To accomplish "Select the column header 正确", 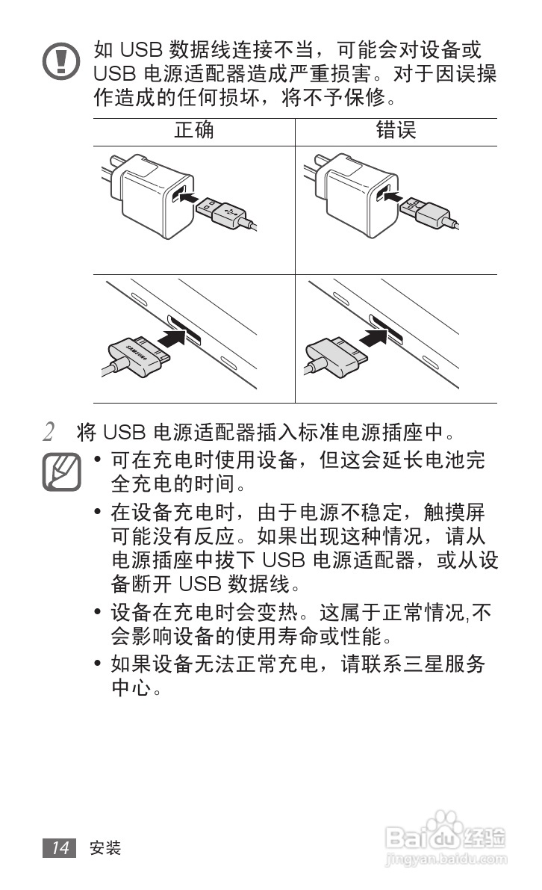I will pyautogui.click(x=194, y=131).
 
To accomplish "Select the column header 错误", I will pyautogui.click(x=396, y=131).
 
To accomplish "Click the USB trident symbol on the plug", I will pyautogui.click(x=231, y=213).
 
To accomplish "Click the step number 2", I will pyautogui.click(x=49, y=433).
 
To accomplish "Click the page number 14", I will pyautogui.click(x=60, y=847).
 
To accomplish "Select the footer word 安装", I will pyautogui.click(x=105, y=848).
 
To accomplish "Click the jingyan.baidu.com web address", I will pyautogui.click(x=445, y=860).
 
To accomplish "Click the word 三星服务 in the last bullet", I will pyautogui.click(x=446, y=664).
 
